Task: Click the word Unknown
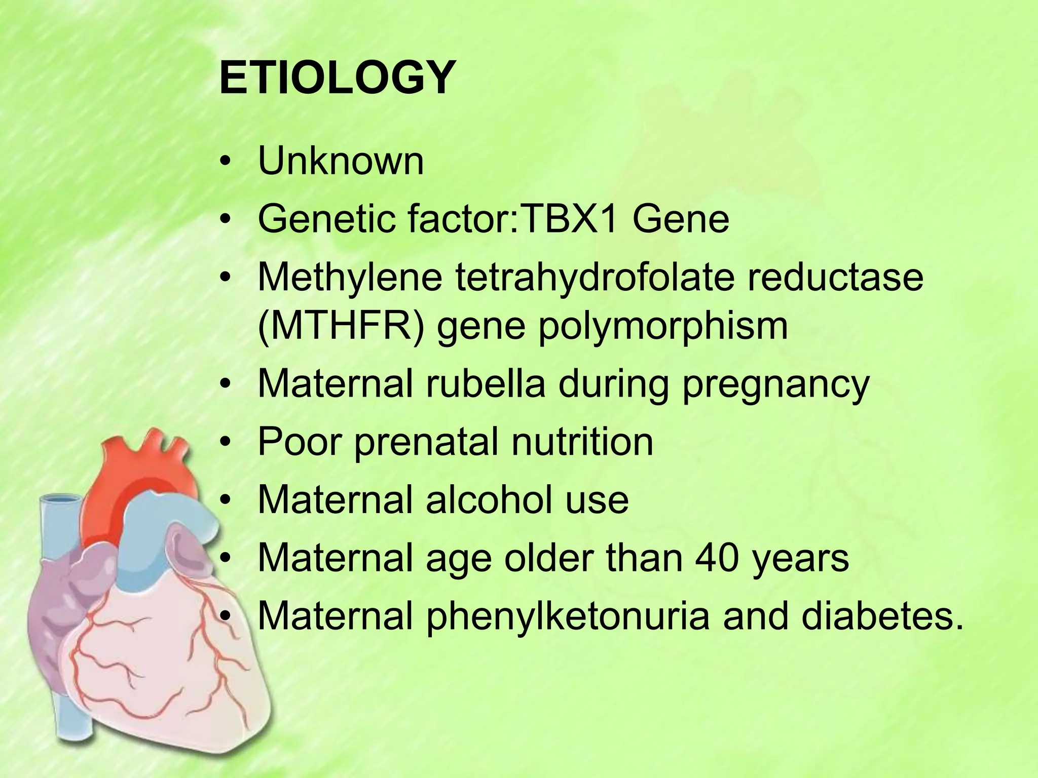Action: (x=341, y=162)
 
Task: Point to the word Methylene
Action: (x=350, y=278)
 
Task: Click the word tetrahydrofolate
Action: (x=594, y=278)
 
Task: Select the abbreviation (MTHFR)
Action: (x=341, y=326)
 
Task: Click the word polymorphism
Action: (x=662, y=326)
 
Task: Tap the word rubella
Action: (x=486, y=384)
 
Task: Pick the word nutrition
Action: (x=582, y=442)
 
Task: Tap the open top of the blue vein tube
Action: (x=60, y=500)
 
